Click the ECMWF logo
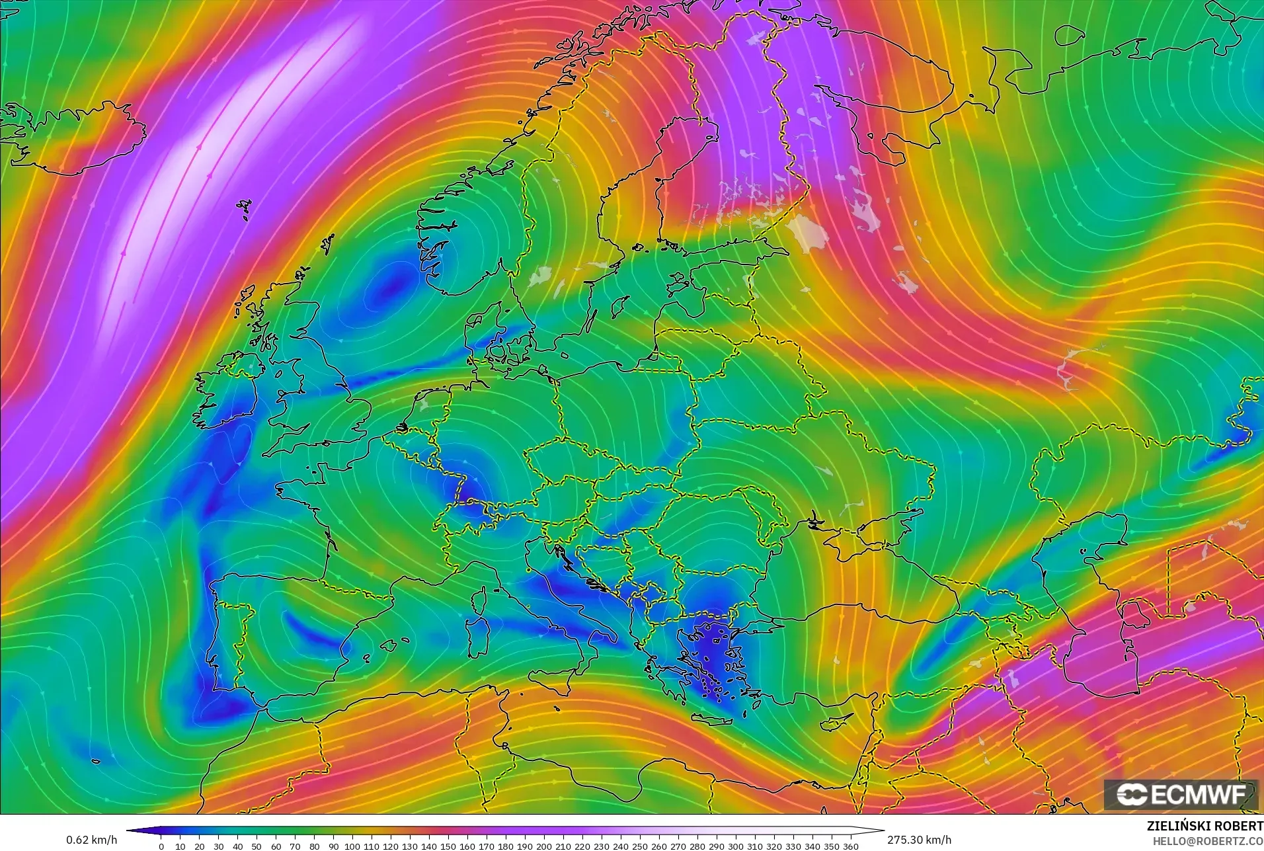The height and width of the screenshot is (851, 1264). [1181, 794]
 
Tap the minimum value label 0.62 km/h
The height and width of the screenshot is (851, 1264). [91, 840]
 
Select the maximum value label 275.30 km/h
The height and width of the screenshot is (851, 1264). [919, 840]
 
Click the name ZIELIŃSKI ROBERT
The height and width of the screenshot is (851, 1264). [1205, 827]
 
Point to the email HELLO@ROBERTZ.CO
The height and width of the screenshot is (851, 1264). [1208, 841]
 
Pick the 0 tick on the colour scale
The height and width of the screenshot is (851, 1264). [161, 846]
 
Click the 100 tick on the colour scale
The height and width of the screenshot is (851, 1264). [352, 846]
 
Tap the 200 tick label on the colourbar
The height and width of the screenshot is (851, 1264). [543, 846]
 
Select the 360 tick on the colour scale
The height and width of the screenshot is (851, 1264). [851, 846]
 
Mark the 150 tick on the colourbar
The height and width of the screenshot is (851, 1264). [448, 846]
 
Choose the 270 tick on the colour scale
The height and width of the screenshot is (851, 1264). [678, 846]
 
